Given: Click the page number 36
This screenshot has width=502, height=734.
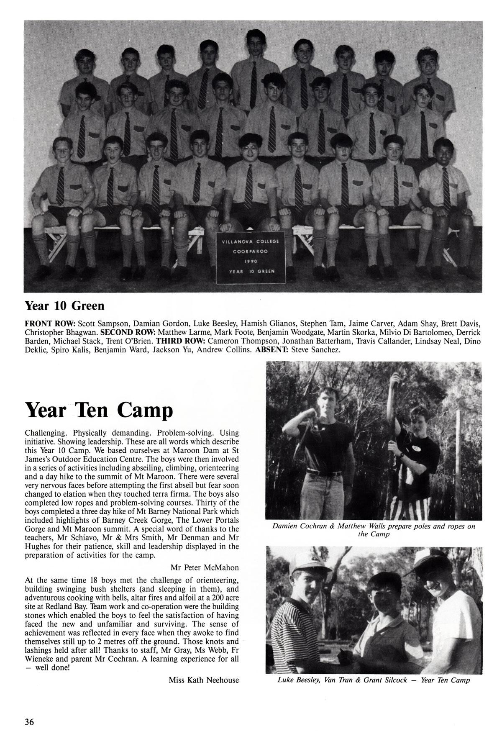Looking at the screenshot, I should [29, 711].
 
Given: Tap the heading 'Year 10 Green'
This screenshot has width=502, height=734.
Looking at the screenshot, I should [64, 306].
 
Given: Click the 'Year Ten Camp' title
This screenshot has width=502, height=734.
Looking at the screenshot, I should [99, 410].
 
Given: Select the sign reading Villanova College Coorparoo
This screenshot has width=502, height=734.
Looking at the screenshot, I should [251, 257].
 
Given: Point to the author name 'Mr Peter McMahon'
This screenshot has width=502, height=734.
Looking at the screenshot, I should [205, 567].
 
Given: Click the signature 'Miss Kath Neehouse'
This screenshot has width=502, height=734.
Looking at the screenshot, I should [204, 680].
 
